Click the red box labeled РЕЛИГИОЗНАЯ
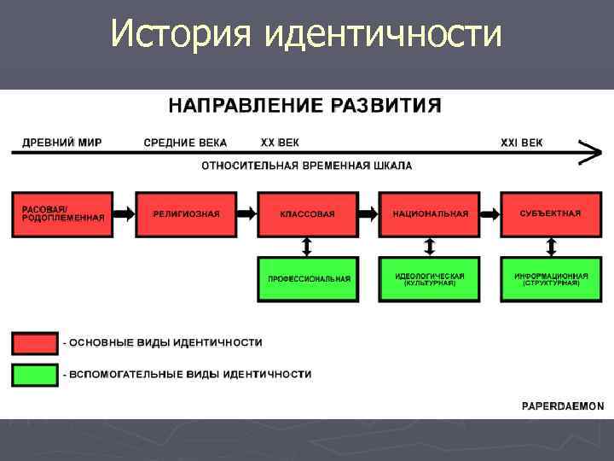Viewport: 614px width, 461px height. click(x=185, y=213)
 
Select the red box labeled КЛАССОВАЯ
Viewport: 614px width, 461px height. click(x=307, y=213)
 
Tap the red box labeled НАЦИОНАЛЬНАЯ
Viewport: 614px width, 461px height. click(x=430, y=213)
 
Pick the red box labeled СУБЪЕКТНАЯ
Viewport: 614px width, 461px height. click(x=551, y=213)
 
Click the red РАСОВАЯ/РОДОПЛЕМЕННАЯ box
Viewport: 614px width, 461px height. click(x=62, y=213)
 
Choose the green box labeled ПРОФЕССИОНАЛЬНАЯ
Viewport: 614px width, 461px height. click(x=307, y=279)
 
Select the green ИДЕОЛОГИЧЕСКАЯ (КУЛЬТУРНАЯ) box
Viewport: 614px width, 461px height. click(x=430, y=279)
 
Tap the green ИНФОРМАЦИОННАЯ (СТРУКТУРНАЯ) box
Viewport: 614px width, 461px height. click(x=551, y=279)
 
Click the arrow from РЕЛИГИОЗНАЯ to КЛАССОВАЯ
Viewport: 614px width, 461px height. click(x=246, y=213)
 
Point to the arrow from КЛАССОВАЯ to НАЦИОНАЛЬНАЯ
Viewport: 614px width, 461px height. click(x=368, y=213)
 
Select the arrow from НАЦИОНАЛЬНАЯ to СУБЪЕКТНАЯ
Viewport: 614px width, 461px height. click(x=490, y=213)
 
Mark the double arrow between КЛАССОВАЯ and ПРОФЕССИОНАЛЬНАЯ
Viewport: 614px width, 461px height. click(x=307, y=247)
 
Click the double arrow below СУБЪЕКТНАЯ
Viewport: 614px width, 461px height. click(x=551, y=247)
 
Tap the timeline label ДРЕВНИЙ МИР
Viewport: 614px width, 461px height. click(x=61, y=143)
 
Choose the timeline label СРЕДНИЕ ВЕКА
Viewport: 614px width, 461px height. click(x=185, y=143)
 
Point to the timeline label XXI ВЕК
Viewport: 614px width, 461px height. click(x=521, y=143)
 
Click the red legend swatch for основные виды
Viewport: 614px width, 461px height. click(x=35, y=342)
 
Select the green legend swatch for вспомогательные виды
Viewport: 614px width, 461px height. click(x=35, y=375)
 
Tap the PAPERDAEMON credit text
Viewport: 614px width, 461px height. click(x=563, y=406)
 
